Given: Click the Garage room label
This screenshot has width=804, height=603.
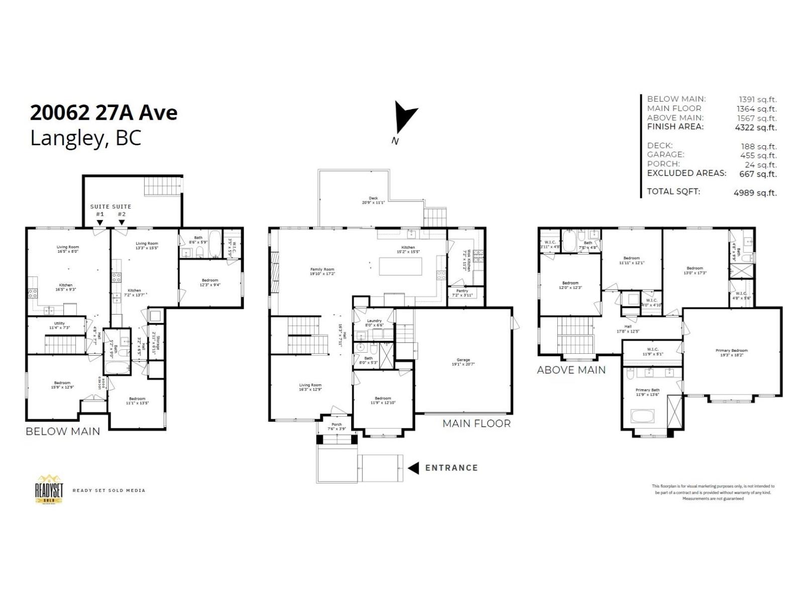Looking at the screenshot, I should pos(463,360).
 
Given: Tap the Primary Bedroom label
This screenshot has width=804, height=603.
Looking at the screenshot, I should pos(731,350).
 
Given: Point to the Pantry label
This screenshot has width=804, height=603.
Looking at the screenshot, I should pos(462,291).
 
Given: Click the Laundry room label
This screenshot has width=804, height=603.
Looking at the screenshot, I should pos(374,321).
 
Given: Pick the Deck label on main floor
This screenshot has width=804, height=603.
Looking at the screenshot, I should pos(373,198).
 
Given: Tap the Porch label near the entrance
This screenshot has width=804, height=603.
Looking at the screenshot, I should pos(336,425).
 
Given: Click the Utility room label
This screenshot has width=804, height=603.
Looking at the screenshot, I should pos(59,324).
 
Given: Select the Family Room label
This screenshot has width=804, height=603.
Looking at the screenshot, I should pos(322,269).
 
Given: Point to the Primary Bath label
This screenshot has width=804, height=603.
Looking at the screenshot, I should pos(647,390).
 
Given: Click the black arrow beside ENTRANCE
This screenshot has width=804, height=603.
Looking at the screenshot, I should pos(413,468).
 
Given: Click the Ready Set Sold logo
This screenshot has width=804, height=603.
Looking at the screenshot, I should pos(49,488).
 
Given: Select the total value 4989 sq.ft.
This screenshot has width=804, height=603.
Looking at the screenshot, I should pos(755,192).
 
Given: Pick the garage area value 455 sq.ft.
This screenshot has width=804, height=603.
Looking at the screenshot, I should pos(758,156).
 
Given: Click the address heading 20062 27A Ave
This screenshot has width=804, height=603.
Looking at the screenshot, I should pos(104,113).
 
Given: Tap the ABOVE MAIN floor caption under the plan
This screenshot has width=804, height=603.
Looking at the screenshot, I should pos(571,370).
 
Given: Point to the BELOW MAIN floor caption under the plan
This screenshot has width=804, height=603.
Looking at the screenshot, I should pos(63,431).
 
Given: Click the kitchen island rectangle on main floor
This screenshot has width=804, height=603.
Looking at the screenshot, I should pos(400,266).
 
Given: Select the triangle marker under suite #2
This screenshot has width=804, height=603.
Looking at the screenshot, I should pos(122,222).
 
